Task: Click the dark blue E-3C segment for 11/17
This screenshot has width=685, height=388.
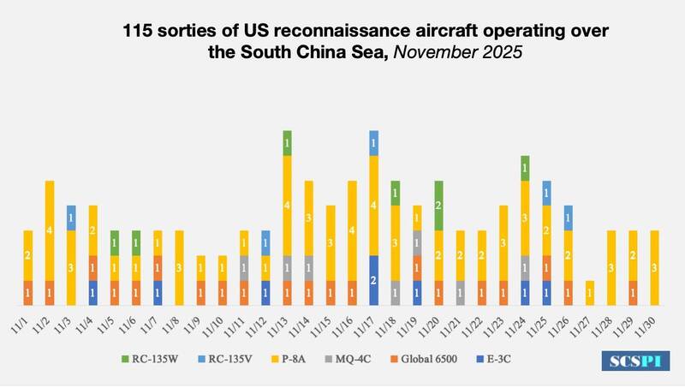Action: (x=373, y=280)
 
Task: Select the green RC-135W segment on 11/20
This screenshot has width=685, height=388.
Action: (x=438, y=206)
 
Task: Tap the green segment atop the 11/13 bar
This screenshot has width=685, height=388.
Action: (x=287, y=143)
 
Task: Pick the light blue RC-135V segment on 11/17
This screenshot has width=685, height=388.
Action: (x=373, y=143)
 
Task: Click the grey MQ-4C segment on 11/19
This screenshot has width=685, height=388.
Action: (x=417, y=242)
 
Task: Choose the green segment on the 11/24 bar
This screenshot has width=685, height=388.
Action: (x=525, y=168)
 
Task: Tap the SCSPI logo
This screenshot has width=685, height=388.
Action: (x=634, y=361)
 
